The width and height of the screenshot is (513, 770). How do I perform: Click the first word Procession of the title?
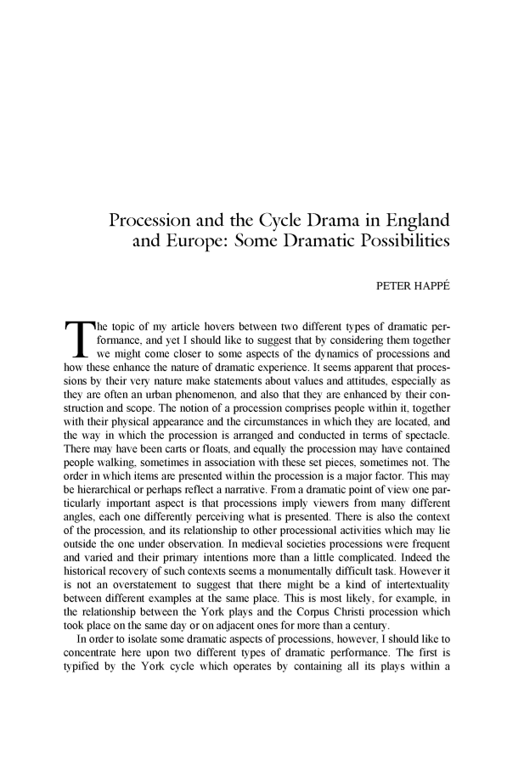[x=156, y=223]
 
